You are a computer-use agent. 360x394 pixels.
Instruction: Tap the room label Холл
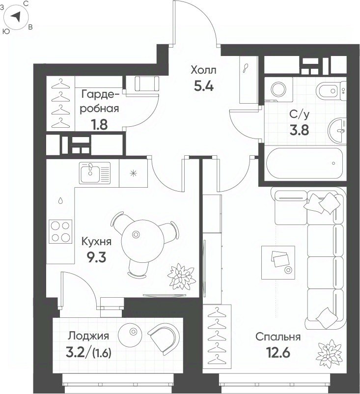(203, 70)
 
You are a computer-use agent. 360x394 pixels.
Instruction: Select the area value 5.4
(204, 86)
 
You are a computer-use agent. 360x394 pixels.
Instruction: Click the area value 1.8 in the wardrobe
(100, 125)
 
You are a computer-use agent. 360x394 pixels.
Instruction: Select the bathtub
(305, 163)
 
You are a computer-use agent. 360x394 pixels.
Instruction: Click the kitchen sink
(95, 172)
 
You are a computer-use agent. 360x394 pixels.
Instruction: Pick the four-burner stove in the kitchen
(60, 231)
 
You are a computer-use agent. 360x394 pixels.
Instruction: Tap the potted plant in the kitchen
(181, 277)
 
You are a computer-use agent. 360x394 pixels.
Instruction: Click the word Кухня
(96, 242)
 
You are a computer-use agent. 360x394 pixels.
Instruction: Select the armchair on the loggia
(163, 338)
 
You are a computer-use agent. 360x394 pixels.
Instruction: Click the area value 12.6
(278, 353)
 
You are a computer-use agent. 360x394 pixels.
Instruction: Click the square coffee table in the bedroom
(278, 262)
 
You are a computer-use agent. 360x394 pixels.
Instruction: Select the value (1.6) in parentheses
(102, 354)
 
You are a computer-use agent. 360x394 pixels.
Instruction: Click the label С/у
(299, 114)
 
